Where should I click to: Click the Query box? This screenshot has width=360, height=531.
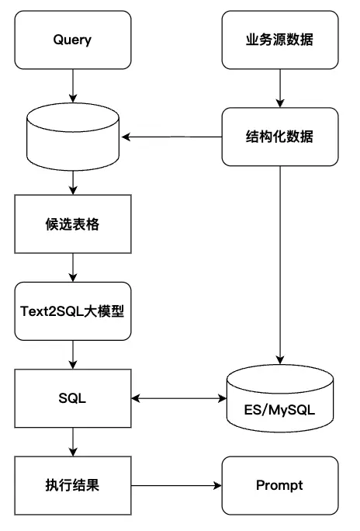(72, 40)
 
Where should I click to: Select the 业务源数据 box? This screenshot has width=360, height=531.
(279, 40)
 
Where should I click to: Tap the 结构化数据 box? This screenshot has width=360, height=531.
(279, 137)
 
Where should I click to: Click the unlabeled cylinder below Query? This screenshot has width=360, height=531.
(72, 137)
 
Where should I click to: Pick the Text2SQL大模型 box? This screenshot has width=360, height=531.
(72, 311)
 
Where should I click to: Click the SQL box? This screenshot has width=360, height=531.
(72, 399)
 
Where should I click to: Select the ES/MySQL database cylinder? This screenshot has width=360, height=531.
(279, 403)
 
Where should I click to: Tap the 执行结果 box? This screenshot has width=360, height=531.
(72, 486)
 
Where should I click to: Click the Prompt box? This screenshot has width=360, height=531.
(279, 486)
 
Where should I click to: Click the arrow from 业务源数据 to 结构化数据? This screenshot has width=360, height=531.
(279, 87)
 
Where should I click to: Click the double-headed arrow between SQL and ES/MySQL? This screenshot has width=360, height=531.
(176, 399)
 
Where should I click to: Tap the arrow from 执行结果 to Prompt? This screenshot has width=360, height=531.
(176, 486)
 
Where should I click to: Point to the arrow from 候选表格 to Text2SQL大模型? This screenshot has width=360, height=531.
(72, 268)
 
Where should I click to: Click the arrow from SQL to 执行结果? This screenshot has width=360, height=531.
(72, 442)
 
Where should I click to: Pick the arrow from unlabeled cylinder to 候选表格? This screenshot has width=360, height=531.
(72, 181)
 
